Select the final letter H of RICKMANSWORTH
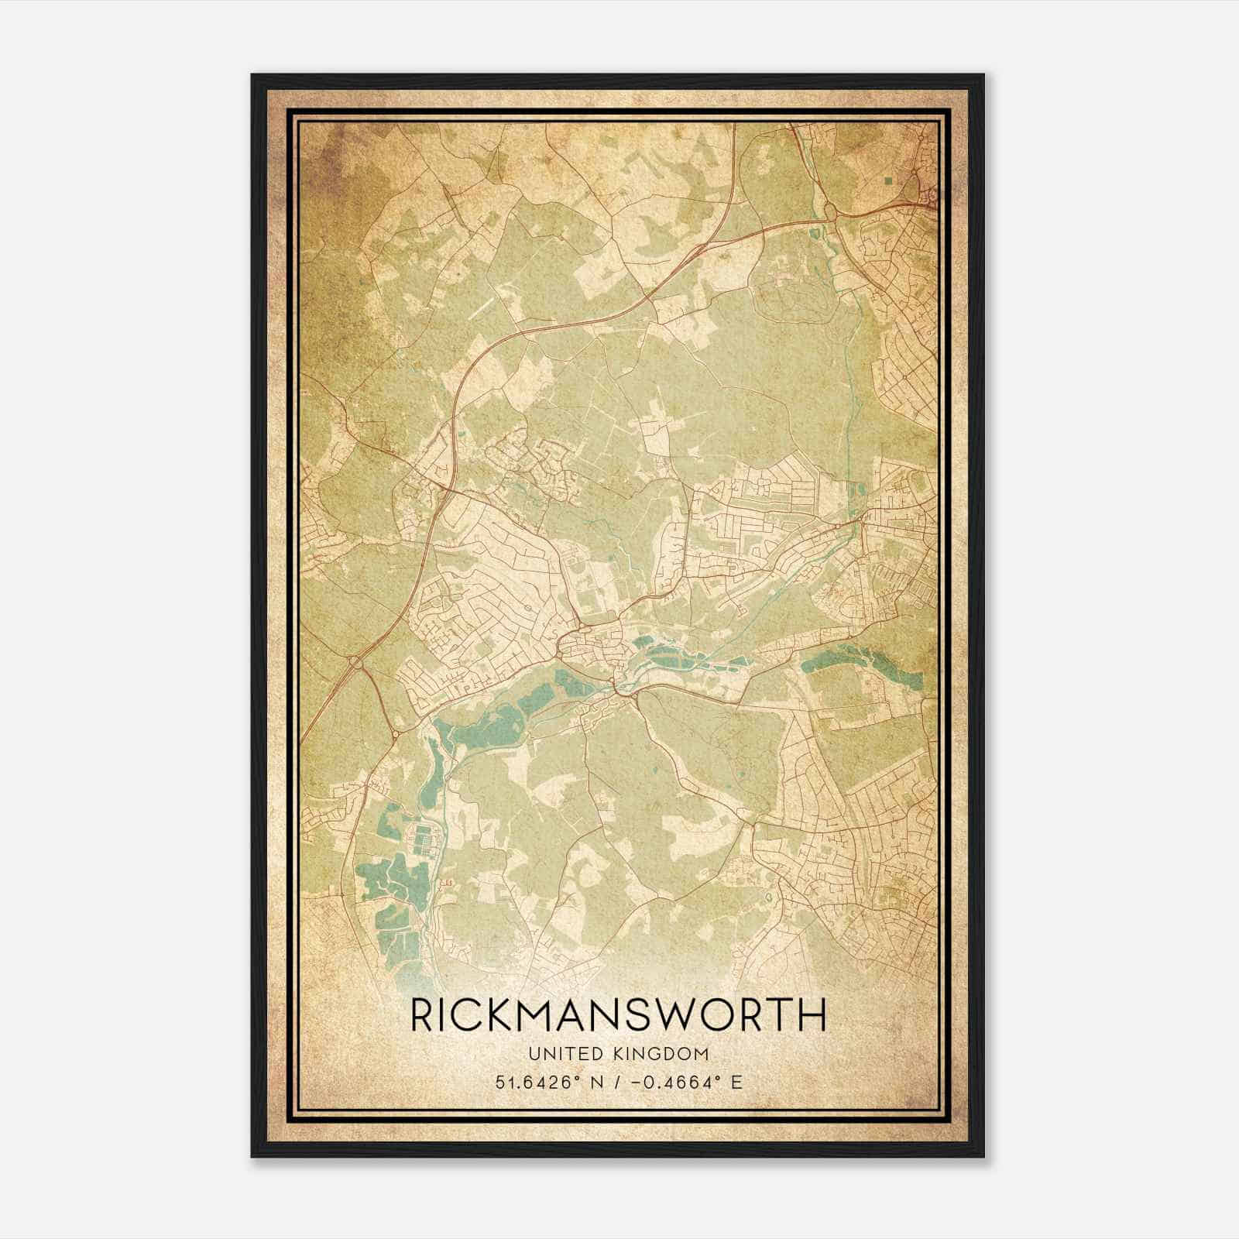[812, 1016]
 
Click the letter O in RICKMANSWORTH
[726, 1016]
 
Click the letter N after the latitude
[596, 1082]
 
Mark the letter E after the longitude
[736, 1082]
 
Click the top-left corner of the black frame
[253, 76]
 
